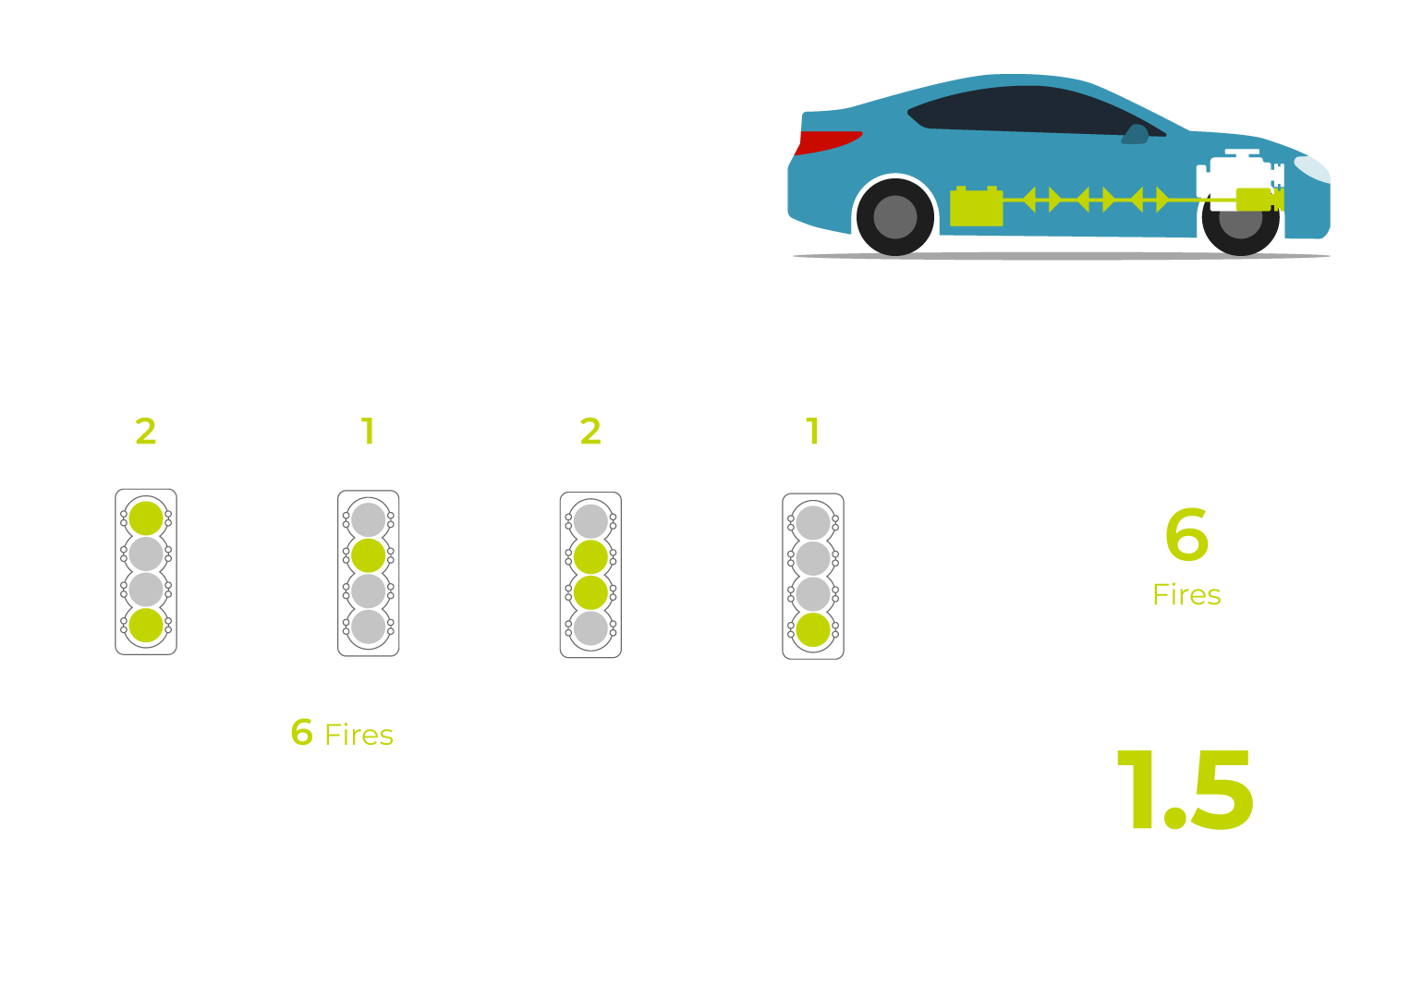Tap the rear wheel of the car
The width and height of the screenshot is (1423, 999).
click(895, 217)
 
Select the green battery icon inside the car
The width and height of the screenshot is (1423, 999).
click(976, 206)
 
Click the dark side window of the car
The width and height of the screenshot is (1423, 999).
click(1036, 111)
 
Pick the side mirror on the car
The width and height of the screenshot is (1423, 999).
click(1136, 135)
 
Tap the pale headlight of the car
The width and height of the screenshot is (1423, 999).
click(1312, 169)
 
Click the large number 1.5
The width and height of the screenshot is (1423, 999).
click(1185, 790)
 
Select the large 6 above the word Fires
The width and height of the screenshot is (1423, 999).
click(1186, 534)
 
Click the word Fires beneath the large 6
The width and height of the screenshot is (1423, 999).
click(1186, 595)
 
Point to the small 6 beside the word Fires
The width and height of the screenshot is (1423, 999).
click(302, 732)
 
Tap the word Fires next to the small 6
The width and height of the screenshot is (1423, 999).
click(359, 736)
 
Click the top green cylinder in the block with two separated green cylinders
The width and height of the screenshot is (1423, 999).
click(146, 518)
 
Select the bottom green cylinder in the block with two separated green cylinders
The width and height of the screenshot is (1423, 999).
click(146, 626)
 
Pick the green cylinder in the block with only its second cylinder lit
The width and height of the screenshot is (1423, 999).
click(369, 555)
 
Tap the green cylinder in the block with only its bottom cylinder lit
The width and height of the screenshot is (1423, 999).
click(813, 629)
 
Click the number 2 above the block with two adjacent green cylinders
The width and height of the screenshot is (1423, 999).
click(590, 432)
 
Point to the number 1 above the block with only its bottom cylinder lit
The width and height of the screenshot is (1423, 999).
click(812, 432)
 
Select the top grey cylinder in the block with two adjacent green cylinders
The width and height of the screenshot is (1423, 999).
click(590, 521)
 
